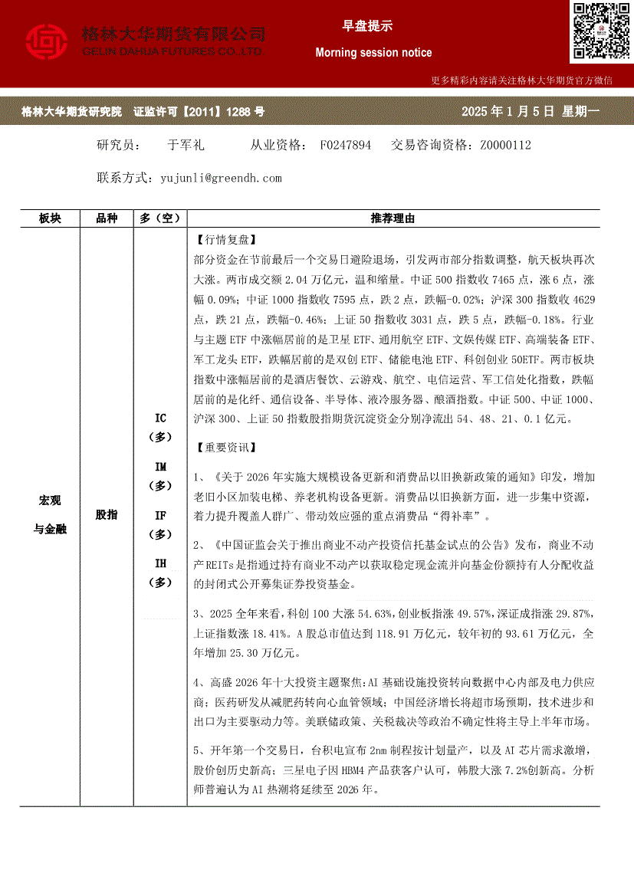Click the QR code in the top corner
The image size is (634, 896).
[x=600, y=32]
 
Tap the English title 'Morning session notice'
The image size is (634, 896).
[x=373, y=53]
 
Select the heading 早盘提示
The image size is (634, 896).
[x=367, y=26]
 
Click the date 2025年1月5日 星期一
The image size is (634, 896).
[x=531, y=112]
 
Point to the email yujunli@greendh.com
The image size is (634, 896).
[x=222, y=178]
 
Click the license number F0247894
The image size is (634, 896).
[x=345, y=145]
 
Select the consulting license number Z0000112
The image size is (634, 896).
[x=505, y=145]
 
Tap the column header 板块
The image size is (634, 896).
[x=50, y=219]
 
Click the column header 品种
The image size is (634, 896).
[x=107, y=219]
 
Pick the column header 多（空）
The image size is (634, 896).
[x=160, y=219]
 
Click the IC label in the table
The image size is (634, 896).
[x=160, y=418]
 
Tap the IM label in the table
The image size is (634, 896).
[x=160, y=467]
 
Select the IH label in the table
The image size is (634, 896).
[x=160, y=563]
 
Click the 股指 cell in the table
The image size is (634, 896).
[x=107, y=515]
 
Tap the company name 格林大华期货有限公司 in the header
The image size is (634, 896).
[x=173, y=34]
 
